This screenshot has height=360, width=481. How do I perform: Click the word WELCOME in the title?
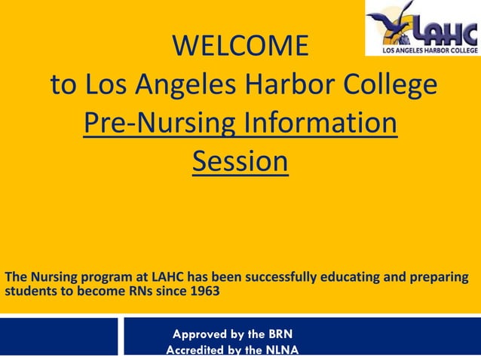click(x=240, y=46)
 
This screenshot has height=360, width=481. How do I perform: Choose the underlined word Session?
click(x=240, y=161)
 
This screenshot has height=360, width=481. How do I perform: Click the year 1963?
click(x=205, y=292)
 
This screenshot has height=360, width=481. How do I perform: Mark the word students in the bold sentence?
click(x=31, y=292)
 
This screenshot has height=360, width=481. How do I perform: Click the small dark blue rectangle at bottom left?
click(x=58, y=336)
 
